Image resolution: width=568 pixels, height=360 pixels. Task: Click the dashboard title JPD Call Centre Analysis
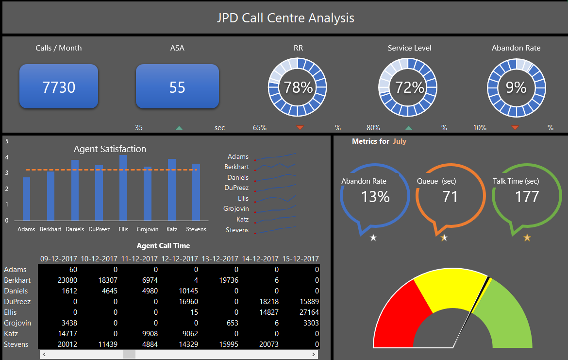pyautogui.click(x=285, y=18)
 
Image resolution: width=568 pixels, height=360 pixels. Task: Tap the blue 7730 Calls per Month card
pyautogui.click(x=59, y=87)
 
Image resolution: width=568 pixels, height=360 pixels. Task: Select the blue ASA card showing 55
pyautogui.click(x=177, y=87)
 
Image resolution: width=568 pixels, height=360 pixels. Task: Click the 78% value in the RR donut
pyautogui.click(x=298, y=87)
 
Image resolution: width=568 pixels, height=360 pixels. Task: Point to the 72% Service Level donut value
pyautogui.click(x=409, y=87)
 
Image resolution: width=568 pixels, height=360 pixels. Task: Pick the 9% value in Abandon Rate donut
pyautogui.click(x=516, y=87)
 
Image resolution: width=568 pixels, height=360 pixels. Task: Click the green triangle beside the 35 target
pyautogui.click(x=179, y=128)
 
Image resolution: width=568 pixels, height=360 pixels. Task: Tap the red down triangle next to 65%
pyautogui.click(x=300, y=128)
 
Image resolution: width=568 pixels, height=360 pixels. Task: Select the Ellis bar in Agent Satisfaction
pyautogui.click(x=123, y=188)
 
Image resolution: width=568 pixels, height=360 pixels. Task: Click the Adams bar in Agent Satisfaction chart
pyautogui.click(x=26, y=199)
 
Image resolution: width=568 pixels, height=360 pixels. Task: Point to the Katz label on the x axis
pyautogui.click(x=171, y=229)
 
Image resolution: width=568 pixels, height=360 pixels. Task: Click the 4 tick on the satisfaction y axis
pyautogui.click(x=6, y=157)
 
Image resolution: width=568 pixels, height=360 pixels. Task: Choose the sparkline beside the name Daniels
pyautogui.click(x=276, y=177)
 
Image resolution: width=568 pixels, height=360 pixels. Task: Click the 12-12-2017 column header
pyautogui.click(x=179, y=259)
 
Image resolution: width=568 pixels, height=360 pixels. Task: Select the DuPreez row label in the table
pyautogui.click(x=17, y=302)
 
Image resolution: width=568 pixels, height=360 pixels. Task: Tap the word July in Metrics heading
pyautogui.click(x=399, y=141)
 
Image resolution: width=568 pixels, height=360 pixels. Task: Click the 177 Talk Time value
pyautogui.click(x=527, y=196)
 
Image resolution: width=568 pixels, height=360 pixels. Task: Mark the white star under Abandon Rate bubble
pyautogui.click(x=373, y=238)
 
